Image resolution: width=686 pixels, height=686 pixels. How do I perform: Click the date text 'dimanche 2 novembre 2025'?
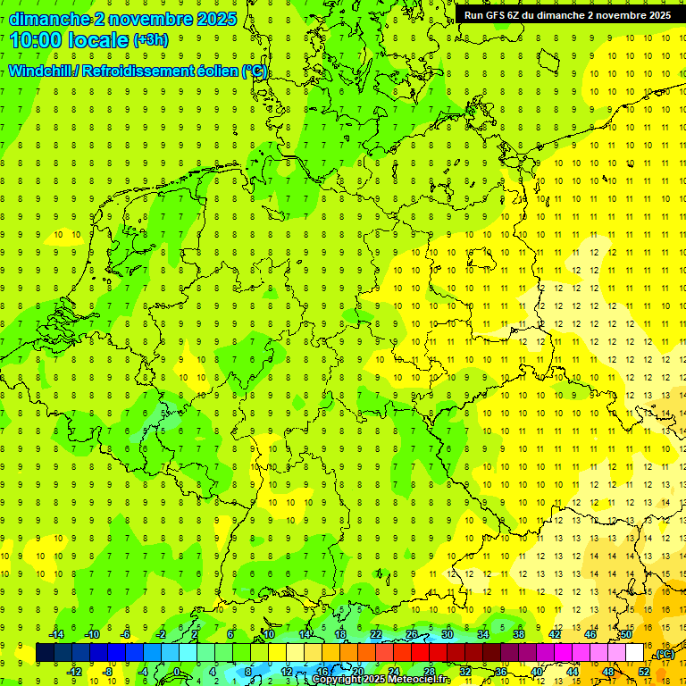[x=122, y=19]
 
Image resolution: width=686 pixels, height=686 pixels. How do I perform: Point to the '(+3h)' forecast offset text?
[x=150, y=40]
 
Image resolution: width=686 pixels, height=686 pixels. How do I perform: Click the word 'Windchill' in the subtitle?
[x=41, y=71]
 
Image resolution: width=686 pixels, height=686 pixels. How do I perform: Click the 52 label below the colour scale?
[x=644, y=672]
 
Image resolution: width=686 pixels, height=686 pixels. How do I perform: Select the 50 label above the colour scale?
[x=626, y=634]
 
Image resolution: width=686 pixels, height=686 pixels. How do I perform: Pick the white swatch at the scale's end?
[x=635, y=653]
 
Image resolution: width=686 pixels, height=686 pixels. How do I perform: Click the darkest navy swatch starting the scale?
[x=45, y=653]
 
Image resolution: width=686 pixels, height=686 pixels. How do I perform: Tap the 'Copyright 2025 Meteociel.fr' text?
[x=381, y=680]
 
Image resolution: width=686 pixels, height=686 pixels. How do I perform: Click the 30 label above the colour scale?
[x=448, y=634]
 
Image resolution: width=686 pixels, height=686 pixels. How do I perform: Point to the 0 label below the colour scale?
[x=177, y=672]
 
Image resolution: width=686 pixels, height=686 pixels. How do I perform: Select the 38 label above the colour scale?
[x=518, y=634]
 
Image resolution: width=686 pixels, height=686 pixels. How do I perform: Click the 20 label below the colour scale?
[x=357, y=672]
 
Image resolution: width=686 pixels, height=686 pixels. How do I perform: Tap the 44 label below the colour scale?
[x=573, y=672]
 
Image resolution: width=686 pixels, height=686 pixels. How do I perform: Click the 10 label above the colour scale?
[x=268, y=634]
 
